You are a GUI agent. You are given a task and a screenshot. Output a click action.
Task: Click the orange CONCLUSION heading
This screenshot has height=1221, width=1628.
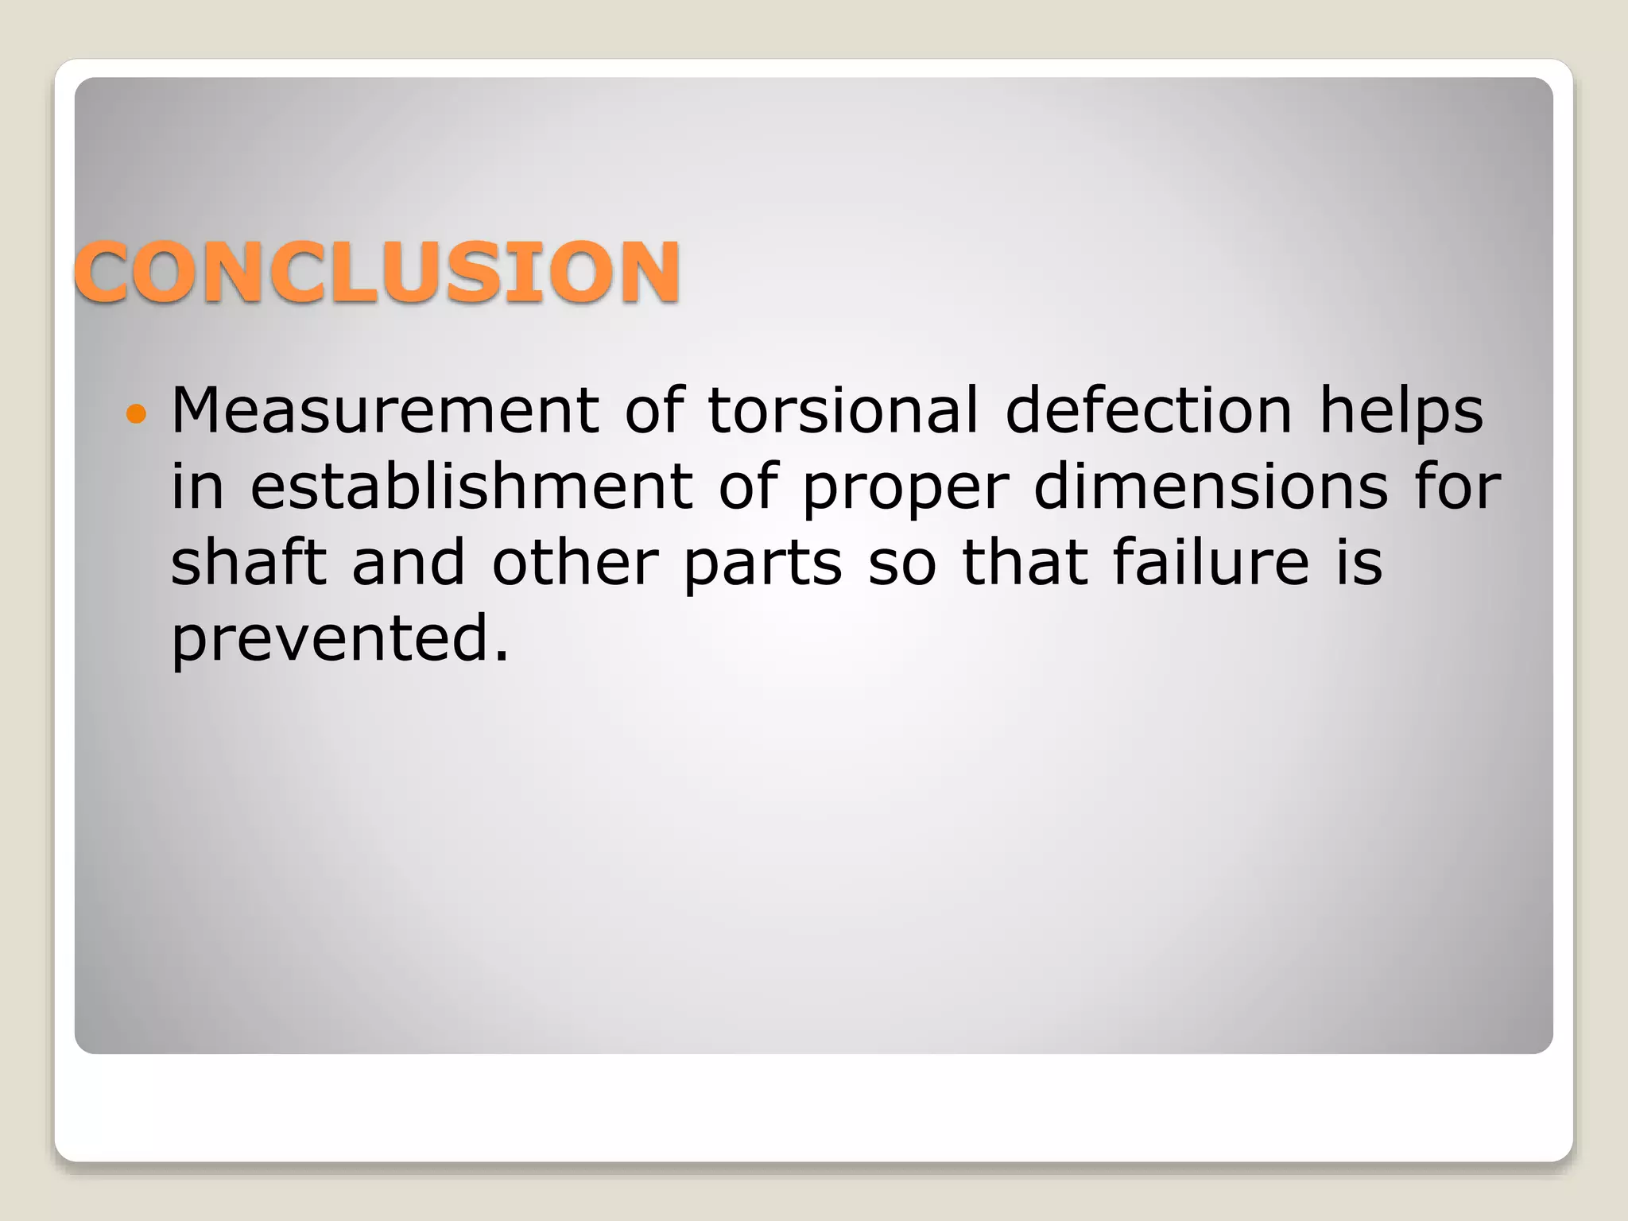377,272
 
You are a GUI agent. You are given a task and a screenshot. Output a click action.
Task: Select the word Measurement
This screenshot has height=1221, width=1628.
385,410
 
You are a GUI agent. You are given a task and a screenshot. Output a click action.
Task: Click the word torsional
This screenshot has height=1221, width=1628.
843,410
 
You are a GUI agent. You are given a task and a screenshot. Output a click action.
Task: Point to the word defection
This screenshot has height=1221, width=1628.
1149,410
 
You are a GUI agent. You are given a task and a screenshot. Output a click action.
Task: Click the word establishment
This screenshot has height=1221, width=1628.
471,486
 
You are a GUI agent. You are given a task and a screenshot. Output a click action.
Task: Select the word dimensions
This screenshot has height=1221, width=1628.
1211,486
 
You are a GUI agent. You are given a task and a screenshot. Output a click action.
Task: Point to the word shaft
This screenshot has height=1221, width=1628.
248,563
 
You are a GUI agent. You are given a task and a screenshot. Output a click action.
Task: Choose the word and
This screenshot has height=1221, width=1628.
409,563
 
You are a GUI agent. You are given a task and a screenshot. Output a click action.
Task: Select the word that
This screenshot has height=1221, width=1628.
1025,563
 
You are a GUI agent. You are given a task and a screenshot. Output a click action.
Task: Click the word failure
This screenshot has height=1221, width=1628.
1211,563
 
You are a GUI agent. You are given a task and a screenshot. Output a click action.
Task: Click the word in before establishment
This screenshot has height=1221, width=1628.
197,486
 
